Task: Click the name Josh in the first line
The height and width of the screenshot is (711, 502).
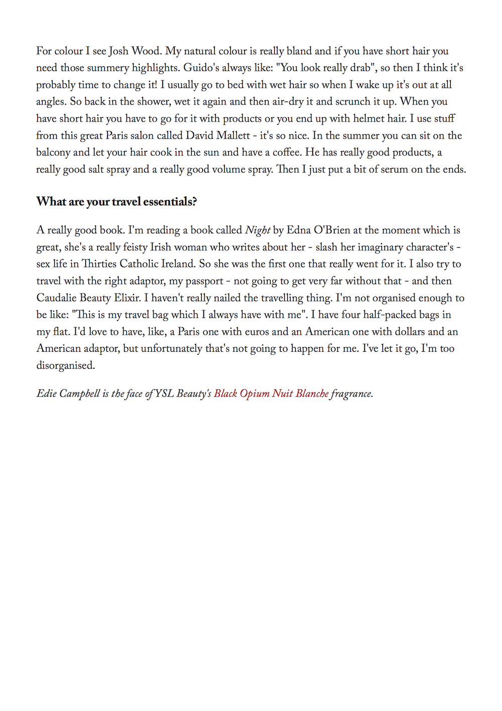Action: point(118,51)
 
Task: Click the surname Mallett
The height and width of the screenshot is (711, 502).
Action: point(233,136)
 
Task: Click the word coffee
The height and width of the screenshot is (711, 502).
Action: point(287,153)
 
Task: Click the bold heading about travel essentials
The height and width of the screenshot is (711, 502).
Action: point(116,202)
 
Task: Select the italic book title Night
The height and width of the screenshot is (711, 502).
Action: point(258,231)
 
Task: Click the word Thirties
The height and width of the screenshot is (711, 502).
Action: point(99,264)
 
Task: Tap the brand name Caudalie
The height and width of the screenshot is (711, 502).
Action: point(56,298)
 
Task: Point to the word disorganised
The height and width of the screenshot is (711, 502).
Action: point(65,366)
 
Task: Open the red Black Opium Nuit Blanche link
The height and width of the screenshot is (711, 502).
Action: point(271,394)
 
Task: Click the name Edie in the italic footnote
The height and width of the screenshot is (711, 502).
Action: point(46,394)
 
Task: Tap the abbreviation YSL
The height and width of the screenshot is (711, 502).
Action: point(164,394)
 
